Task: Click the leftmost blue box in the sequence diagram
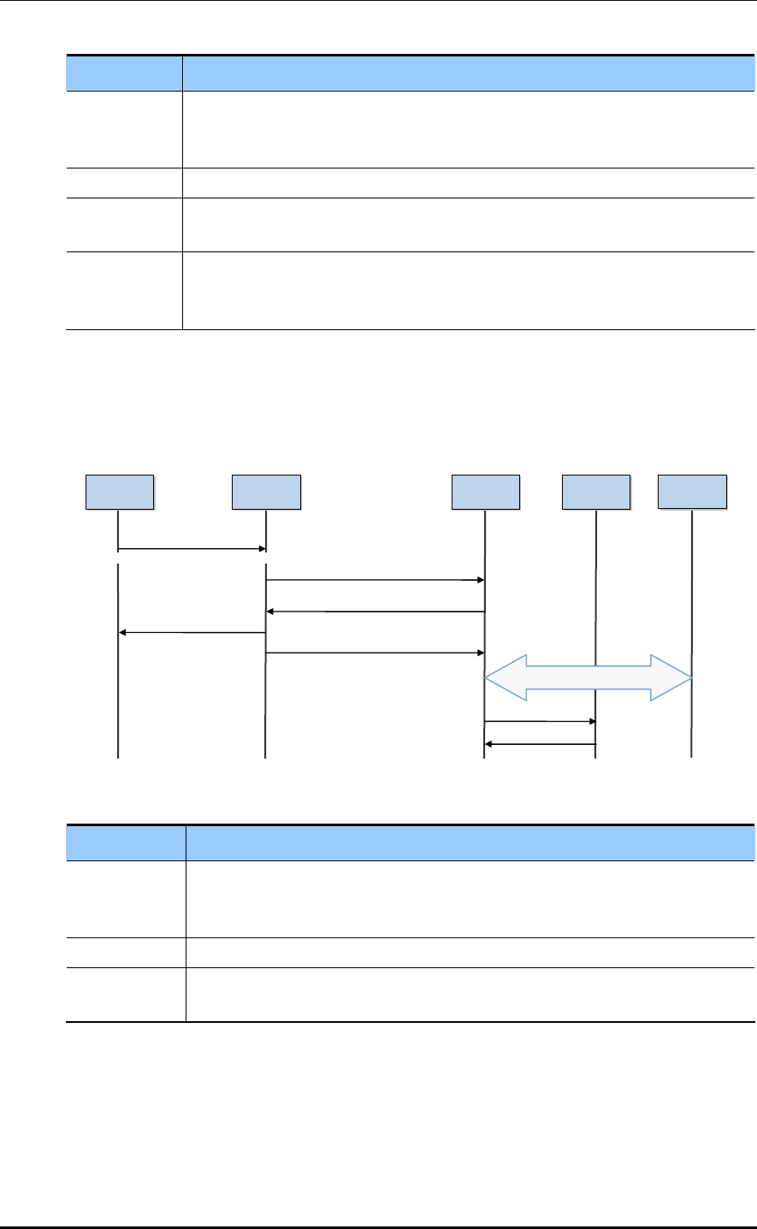point(120,492)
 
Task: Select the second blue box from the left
point(266,492)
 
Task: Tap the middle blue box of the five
point(485,492)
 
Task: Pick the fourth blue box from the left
point(595,492)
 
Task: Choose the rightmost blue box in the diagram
point(692,492)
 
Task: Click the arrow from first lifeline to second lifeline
point(192,549)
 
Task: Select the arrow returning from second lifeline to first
point(192,633)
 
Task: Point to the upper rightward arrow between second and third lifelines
point(375,580)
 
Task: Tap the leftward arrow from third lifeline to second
point(375,612)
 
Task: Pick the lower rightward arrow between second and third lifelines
point(375,653)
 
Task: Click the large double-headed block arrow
point(588,677)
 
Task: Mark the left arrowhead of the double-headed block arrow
point(505,677)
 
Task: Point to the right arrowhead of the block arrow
point(672,677)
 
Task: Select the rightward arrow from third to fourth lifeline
point(540,721)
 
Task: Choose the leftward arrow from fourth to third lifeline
point(540,744)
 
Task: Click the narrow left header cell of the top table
point(124,73)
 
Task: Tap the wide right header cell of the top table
point(469,73)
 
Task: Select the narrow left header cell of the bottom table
point(126,842)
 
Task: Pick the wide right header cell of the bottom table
point(470,842)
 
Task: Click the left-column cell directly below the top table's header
point(124,128)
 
